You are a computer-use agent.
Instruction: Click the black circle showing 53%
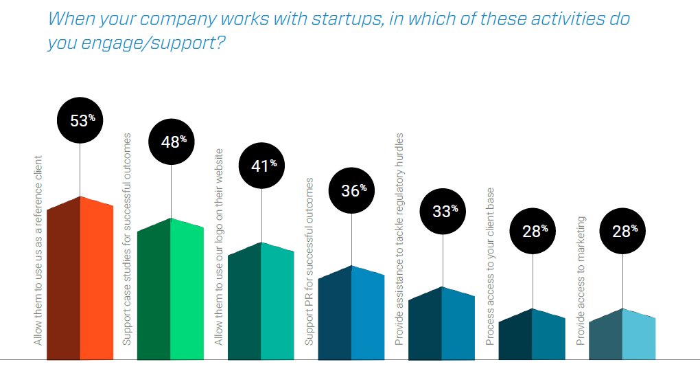(x=81, y=120)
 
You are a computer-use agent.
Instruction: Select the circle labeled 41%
(x=261, y=165)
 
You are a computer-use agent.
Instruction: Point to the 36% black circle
(x=352, y=190)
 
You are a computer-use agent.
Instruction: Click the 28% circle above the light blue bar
(x=623, y=232)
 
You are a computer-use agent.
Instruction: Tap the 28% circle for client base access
(x=533, y=232)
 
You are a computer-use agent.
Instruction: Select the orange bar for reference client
(x=80, y=282)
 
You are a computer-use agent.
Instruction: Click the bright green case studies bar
(x=171, y=292)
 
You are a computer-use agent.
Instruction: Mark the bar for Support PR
(x=351, y=315)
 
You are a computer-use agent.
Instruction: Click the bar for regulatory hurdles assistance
(x=442, y=325)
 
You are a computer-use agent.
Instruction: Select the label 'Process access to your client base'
(x=490, y=266)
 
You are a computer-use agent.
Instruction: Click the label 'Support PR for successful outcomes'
(x=310, y=261)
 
